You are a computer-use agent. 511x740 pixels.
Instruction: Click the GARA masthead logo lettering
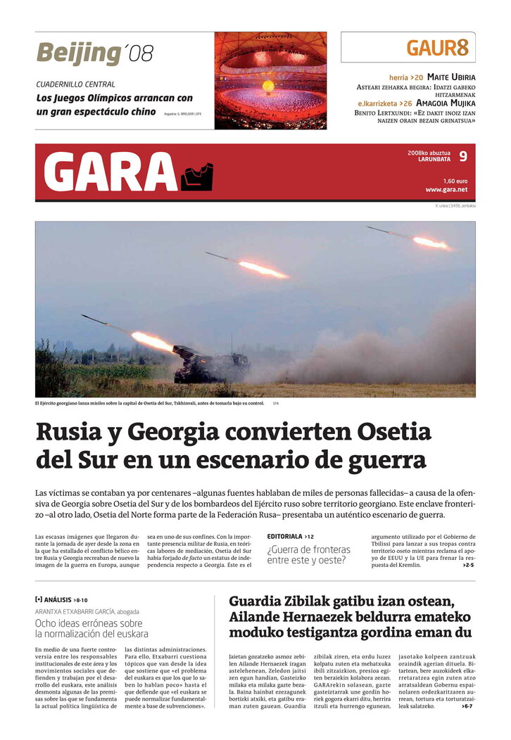tap(109, 172)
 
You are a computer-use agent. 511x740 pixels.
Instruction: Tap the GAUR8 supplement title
tap(436, 48)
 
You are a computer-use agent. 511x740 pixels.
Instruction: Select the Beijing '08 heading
tap(94, 53)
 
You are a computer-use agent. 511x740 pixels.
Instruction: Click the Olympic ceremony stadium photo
tap(270, 80)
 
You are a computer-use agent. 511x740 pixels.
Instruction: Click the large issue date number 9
tap(462, 156)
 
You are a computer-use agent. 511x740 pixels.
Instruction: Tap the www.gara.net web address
tap(446, 190)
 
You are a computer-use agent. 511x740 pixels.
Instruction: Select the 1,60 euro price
tap(455, 181)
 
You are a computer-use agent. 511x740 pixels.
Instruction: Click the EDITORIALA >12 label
tap(290, 537)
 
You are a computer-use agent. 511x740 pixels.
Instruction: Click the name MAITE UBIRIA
tap(451, 77)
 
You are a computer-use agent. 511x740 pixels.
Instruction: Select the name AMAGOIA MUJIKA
tap(446, 103)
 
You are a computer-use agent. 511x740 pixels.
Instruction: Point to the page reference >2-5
tap(468, 565)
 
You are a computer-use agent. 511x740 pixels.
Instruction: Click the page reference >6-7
tap(467, 706)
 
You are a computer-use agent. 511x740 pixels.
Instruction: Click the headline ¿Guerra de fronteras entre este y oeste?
tap(308, 554)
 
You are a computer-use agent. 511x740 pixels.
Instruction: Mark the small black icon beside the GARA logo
tap(196, 177)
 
